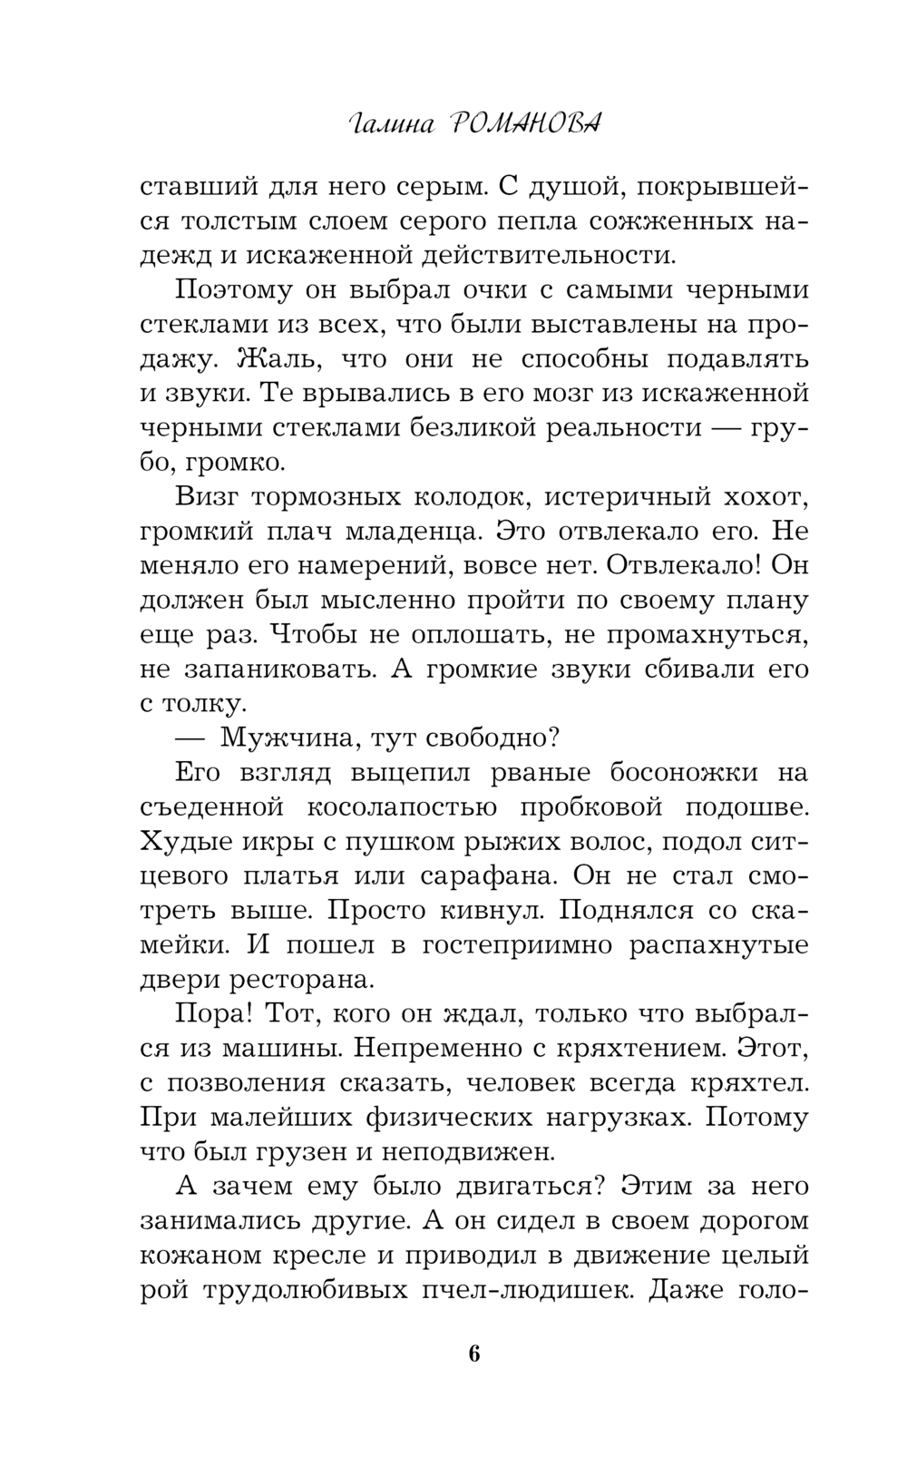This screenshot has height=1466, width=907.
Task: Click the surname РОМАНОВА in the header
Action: click(x=525, y=126)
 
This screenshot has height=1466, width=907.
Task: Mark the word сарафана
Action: click(x=632, y=875)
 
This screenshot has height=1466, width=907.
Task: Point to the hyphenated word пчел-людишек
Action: click(x=520, y=1289)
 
